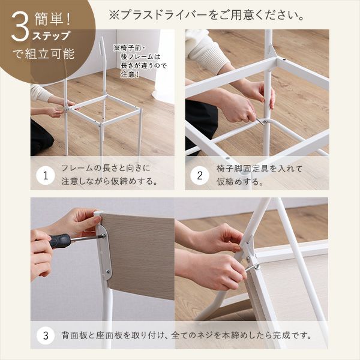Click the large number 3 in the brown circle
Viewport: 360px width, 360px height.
(20, 26)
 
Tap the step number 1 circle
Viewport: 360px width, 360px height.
(46, 176)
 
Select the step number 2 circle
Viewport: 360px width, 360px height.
(200, 176)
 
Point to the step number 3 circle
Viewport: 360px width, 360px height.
(46, 335)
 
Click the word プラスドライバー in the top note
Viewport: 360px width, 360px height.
(164, 16)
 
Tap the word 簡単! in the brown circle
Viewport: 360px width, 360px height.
(53, 19)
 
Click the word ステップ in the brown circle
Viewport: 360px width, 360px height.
(51, 36)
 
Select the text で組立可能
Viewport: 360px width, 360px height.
(43, 54)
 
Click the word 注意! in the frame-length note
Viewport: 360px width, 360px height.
(130, 74)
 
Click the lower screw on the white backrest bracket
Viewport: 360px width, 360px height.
(108, 271)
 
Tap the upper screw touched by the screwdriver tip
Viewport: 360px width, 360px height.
(104, 236)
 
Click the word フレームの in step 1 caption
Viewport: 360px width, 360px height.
(81, 168)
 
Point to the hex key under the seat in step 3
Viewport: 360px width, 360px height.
(252, 268)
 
